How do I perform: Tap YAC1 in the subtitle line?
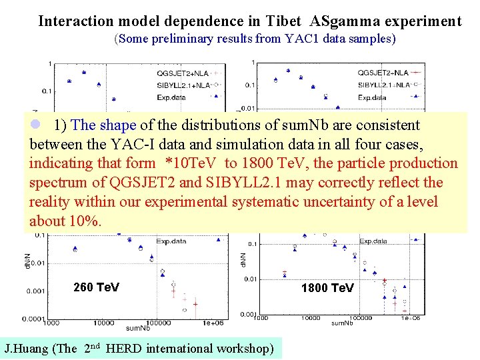pos(298,39)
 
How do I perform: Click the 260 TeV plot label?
pos(97,287)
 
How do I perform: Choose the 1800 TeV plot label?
pos(327,288)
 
